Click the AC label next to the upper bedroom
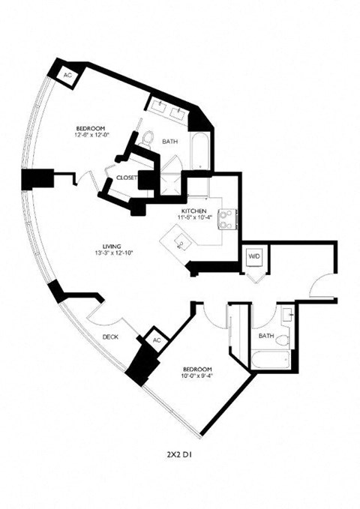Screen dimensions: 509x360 coord(67,76)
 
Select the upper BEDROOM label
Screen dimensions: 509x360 coord(89,127)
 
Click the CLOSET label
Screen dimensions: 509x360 coord(126,177)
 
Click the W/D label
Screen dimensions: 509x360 coord(253,256)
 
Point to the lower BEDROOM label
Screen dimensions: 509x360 coord(198,370)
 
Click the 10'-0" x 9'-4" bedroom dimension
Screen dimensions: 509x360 coord(198,377)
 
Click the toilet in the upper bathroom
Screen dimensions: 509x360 coord(148,137)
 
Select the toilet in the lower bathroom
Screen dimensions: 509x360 coord(281,341)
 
